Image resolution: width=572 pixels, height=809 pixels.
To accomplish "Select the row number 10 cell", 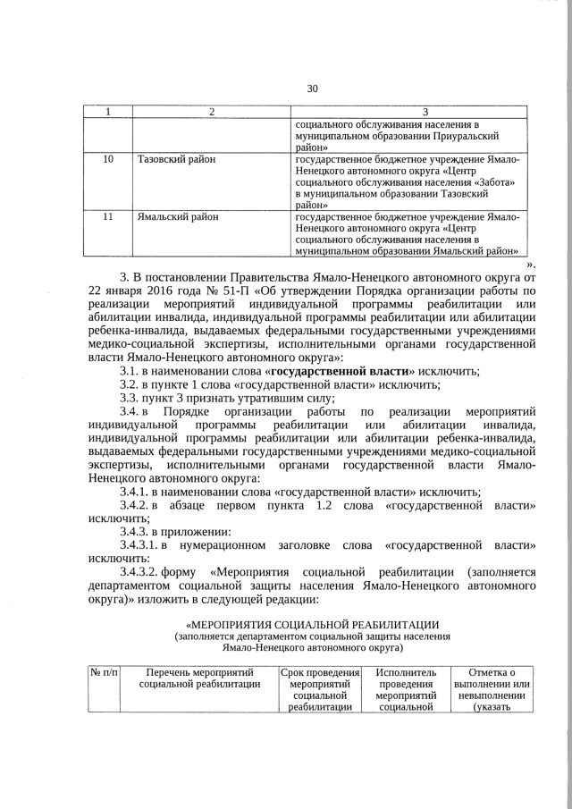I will coord(108,159).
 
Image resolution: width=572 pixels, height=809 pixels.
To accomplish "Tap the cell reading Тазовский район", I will coord(177,159).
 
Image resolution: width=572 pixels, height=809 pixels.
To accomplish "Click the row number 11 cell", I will coord(108,217).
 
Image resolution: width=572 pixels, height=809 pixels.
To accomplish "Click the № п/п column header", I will coord(103,671).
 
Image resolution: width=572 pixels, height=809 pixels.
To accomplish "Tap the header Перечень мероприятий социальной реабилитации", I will coord(199,678).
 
